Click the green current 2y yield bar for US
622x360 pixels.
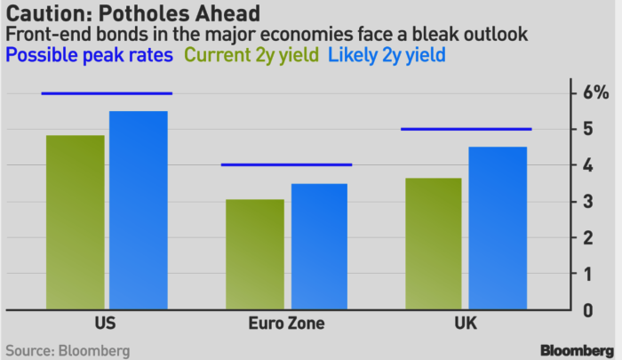(x=76, y=222)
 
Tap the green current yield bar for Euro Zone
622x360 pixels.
(x=255, y=255)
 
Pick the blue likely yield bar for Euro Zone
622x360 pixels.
(x=318, y=246)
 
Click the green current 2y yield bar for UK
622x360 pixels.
(x=433, y=244)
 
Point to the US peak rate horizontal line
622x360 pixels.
(x=107, y=93)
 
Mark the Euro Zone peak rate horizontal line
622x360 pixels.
(x=286, y=164)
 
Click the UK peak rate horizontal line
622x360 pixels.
(x=466, y=130)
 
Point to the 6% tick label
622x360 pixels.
(x=594, y=93)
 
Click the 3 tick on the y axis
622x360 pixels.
(x=587, y=202)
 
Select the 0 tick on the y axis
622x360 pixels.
(x=587, y=310)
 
